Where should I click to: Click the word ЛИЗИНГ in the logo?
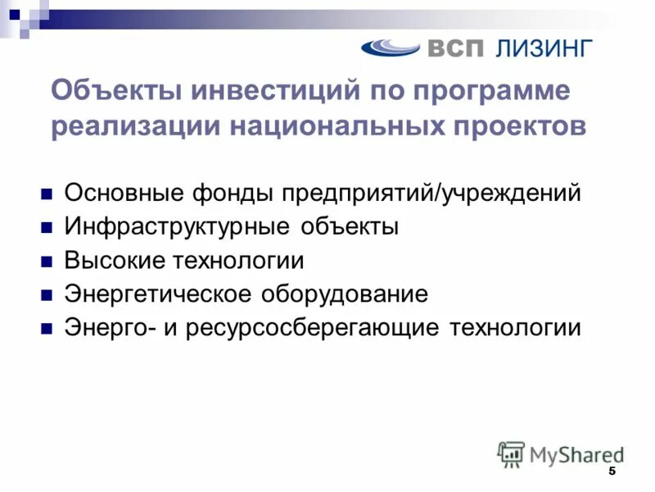pos(542,48)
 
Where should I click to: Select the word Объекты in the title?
pos(115,90)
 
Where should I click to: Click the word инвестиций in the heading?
pos(273,90)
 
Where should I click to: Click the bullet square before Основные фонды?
pos(47,195)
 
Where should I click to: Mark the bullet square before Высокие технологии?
pos(47,262)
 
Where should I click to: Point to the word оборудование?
pos(345,294)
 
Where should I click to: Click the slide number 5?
pos(612,473)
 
